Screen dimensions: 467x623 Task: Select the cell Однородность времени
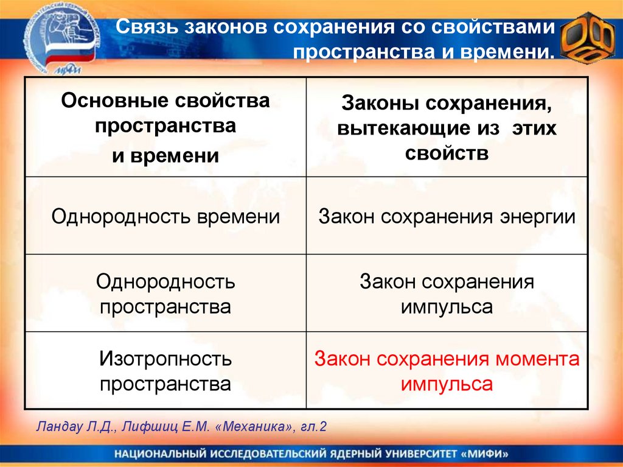[165, 217]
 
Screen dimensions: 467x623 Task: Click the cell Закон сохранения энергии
[447, 217]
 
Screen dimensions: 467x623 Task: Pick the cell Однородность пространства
[165, 293]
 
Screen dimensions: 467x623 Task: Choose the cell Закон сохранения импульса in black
[447, 293]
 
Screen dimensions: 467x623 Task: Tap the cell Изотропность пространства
[165, 371]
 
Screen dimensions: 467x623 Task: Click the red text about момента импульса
[447, 371]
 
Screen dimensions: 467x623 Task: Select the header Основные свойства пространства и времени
[165, 128]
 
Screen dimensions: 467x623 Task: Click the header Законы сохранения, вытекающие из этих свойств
[447, 128]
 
